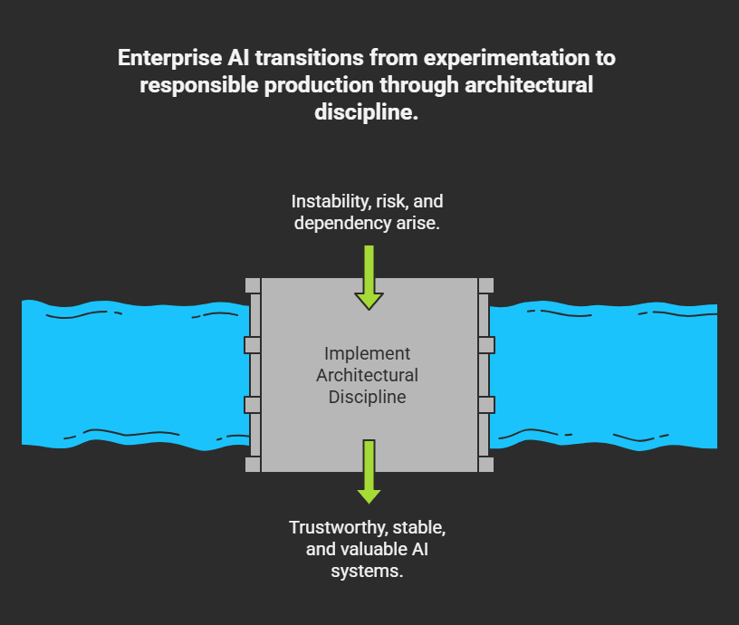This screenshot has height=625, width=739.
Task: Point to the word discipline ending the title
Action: click(369, 114)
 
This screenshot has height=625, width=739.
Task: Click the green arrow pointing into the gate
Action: click(369, 276)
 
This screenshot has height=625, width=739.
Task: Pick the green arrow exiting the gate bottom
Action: click(369, 471)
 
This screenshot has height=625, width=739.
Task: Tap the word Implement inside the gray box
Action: click(367, 354)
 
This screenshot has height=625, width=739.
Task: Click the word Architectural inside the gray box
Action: click(367, 375)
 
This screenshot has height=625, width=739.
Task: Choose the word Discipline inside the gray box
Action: click(367, 397)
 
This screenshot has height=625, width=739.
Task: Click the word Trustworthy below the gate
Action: click(336, 527)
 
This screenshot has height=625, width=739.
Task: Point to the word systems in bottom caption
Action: click(368, 572)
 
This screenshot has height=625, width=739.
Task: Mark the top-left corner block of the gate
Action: click(252, 285)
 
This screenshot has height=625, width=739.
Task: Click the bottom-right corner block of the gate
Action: click(486, 465)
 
